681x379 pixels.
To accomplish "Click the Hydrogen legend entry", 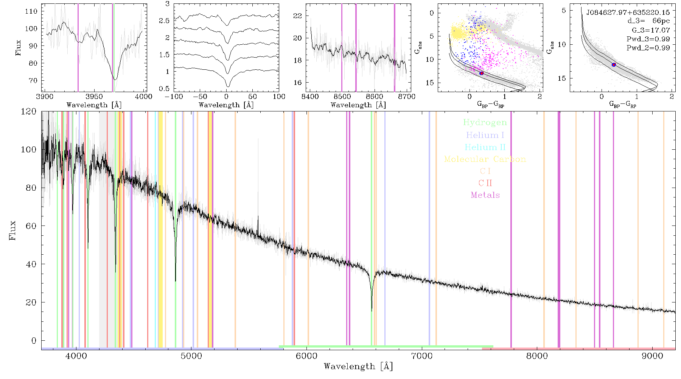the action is point(485,123).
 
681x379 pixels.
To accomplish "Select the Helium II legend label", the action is point(485,147).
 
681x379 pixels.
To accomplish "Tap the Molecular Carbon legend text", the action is point(485,159).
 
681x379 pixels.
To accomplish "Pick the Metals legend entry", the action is point(485,195).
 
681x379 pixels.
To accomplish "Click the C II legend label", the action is point(485,183).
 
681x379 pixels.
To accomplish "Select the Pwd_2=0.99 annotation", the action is point(648,48).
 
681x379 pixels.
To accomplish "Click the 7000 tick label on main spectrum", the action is point(422,356).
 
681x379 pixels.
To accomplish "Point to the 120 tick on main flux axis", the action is point(29,111).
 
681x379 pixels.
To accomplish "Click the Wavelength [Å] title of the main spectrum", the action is point(358,366).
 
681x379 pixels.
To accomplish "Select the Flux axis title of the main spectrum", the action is point(12,230).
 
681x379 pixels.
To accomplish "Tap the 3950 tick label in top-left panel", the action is point(94,97).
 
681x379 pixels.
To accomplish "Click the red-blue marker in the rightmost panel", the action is point(614,65).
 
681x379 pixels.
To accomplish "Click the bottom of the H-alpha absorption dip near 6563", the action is point(372,310).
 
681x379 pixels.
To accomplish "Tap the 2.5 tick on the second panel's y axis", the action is point(164,21).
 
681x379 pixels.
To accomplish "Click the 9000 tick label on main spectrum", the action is point(652,356).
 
